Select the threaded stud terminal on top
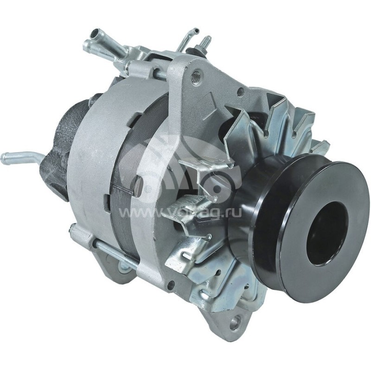tap(206, 42)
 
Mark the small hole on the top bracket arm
tap(240, 92)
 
